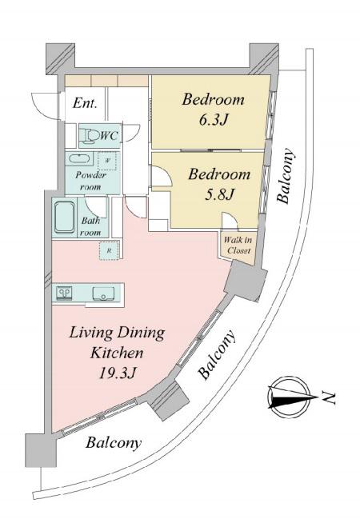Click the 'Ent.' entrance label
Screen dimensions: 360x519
click(85, 103)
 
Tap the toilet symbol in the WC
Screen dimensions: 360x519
click(89, 136)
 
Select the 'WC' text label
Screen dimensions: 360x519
click(109, 135)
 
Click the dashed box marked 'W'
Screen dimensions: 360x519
click(107, 161)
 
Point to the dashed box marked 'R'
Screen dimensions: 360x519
click(109, 251)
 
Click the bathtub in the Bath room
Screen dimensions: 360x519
click(64, 218)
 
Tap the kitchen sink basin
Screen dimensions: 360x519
click(103, 293)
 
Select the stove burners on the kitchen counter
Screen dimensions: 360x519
click(65, 293)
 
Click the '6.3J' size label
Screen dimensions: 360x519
click(214, 120)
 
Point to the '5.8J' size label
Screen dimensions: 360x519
click(219, 194)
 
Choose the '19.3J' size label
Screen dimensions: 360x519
click(118, 373)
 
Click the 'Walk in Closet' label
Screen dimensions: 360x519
click(238, 245)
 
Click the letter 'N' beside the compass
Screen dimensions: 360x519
click(329, 397)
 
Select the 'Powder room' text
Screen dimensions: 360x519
click(90, 181)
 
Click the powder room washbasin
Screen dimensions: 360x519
click(79, 159)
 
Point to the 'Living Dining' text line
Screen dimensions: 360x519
click(117, 333)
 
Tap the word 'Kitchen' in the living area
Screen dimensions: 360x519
click(117, 353)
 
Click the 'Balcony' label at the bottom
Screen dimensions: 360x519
click(114, 443)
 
